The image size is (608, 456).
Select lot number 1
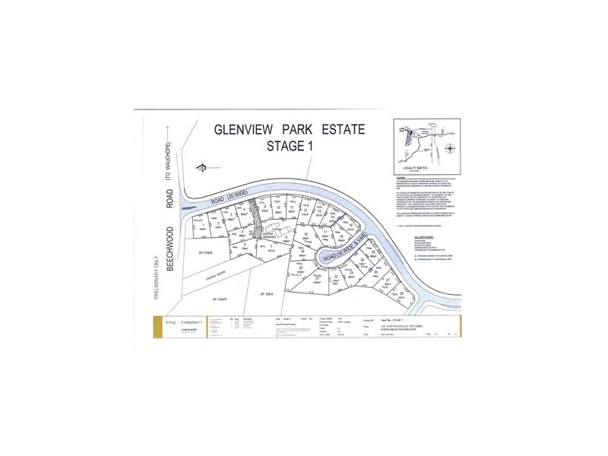(203, 225)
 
